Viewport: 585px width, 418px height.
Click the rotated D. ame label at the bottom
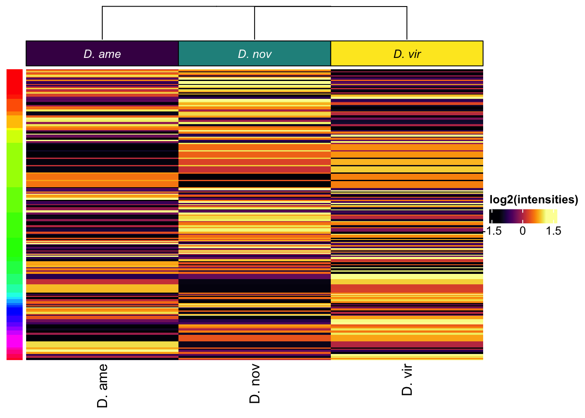[102, 386]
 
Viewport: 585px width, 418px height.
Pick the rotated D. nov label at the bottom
[255, 384]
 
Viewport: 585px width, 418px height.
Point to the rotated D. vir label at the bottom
[407, 380]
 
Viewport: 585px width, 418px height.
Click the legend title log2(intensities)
[534, 200]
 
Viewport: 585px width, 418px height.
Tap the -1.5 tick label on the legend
[493, 231]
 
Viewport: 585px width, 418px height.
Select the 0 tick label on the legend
[523, 231]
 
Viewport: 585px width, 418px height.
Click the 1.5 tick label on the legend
[553, 231]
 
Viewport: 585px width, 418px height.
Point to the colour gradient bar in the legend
[523, 216]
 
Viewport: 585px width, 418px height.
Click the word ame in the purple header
[110, 54]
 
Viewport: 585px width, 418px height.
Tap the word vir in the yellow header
[414, 54]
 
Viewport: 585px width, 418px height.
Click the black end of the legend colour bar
[493, 216]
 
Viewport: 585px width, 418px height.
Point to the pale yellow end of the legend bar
[554, 216]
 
